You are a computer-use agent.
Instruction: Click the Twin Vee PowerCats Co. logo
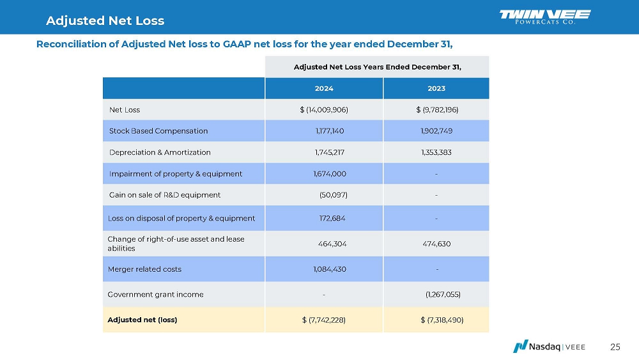pos(544,17)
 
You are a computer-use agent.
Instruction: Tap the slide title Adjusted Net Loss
pos(105,20)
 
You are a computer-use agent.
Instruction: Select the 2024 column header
pos(324,88)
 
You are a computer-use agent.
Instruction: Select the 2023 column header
pos(436,88)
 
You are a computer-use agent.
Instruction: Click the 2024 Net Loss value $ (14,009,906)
pos(324,109)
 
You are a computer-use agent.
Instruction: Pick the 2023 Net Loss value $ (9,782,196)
pos(437,109)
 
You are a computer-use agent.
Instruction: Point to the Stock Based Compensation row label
pos(158,130)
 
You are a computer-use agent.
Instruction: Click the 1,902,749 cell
pos(437,130)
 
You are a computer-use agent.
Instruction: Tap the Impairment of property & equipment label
pos(176,173)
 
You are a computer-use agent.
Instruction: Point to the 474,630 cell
pos(437,244)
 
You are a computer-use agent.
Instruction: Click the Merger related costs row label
pos(145,269)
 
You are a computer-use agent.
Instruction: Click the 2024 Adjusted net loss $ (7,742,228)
pos(324,320)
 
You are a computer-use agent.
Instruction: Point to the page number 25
pos(615,347)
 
